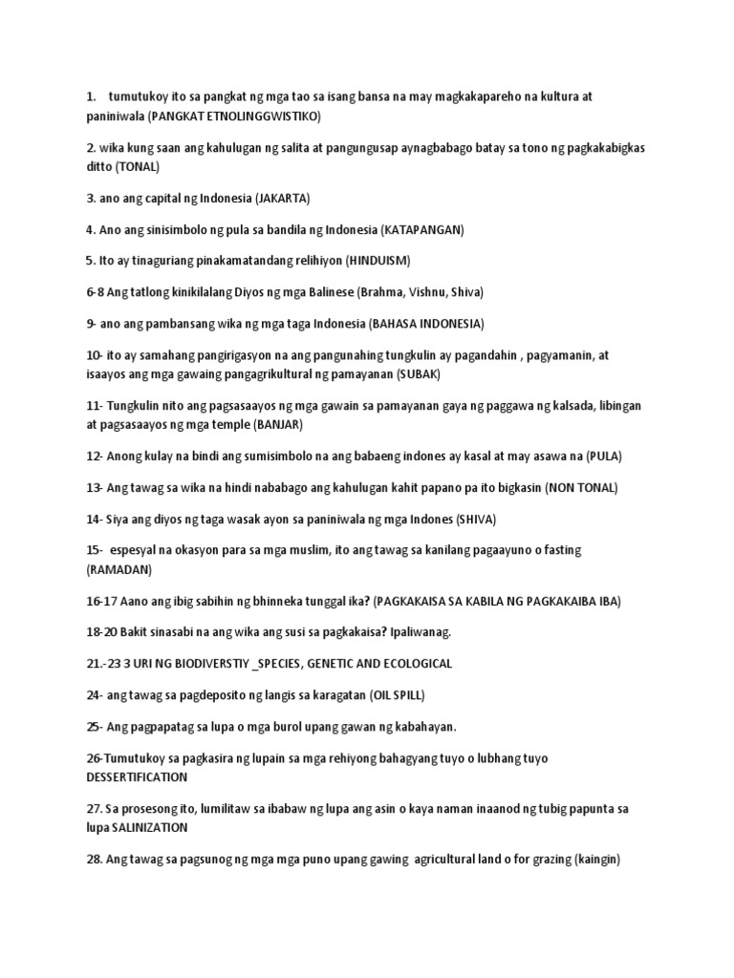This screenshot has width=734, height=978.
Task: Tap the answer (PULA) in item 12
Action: pyautogui.click(x=603, y=455)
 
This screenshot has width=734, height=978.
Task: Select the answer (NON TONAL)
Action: pyautogui.click(x=581, y=487)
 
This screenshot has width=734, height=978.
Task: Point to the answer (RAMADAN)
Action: pyautogui.click(x=119, y=568)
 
